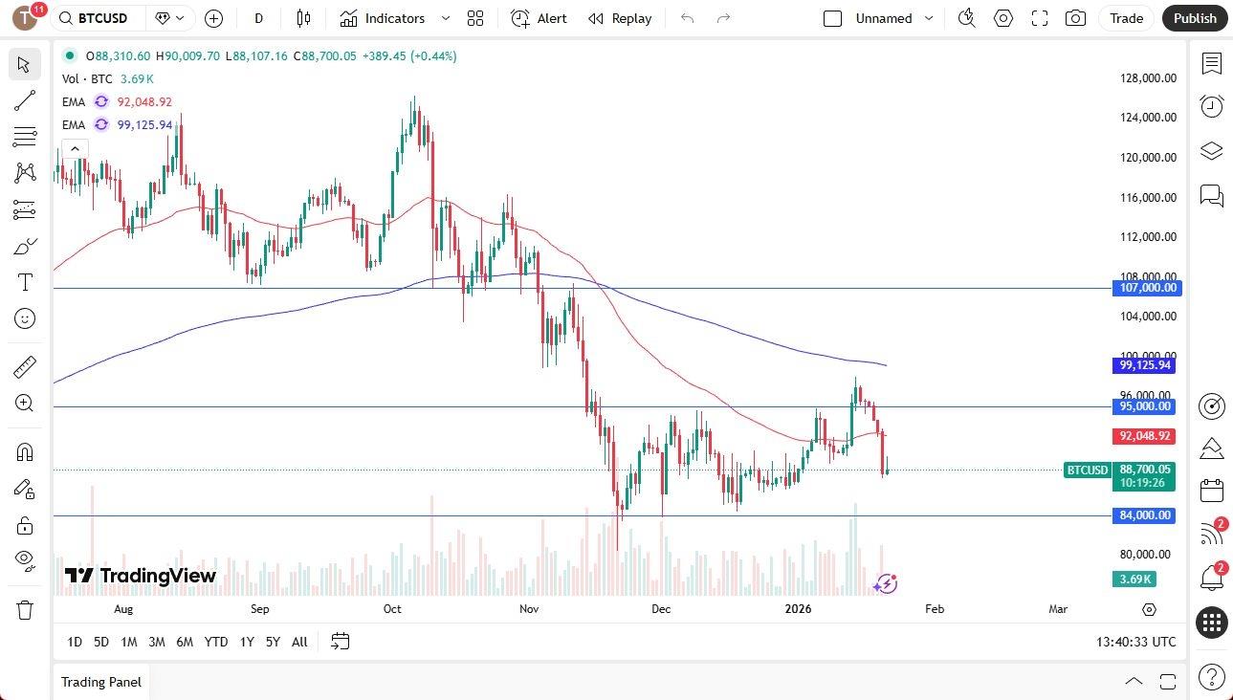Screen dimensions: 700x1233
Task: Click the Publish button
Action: click(x=1195, y=18)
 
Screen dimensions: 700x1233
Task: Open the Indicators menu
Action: click(x=394, y=18)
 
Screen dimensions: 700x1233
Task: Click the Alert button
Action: click(x=539, y=18)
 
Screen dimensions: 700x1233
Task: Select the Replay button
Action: click(x=620, y=18)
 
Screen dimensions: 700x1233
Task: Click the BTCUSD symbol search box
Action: click(x=99, y=18)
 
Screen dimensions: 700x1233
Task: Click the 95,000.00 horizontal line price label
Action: click(x=1146, y=406)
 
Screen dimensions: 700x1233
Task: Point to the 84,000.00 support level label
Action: click(x=1146, y=515)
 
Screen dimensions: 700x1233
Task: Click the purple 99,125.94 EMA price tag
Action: click(x=1146, y=365)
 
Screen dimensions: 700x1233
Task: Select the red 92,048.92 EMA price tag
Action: click(x=1146, y=436)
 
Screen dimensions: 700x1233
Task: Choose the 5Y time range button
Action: click(x=273, y=642)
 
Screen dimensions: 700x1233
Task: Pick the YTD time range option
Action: click(x=216, y=642)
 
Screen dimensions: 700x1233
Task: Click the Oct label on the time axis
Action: click(x=392, y=609)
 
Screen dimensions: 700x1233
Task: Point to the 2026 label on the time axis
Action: click(x=798, y=609)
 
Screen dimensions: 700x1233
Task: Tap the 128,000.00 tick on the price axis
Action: click(x=1148, y=78)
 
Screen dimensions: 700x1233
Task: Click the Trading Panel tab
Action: click(x=101, y=682)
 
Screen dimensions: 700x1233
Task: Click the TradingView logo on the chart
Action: click(x=141, y=576)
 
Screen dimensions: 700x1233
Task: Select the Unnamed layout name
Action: click(x=883, y=18)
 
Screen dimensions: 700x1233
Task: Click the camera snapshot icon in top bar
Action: click(x=1076, y=18)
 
